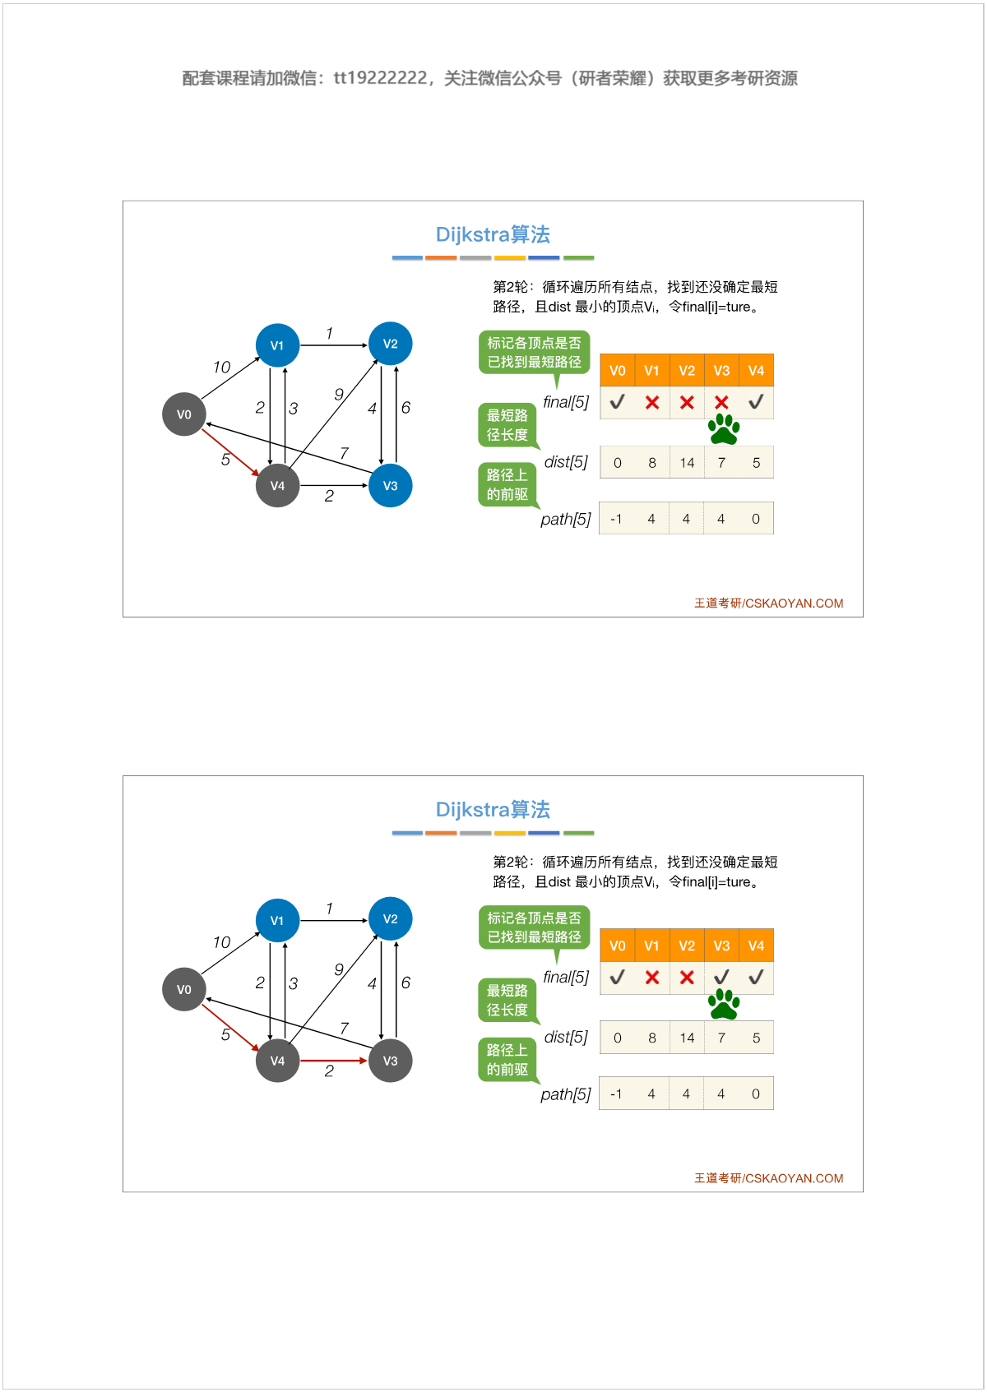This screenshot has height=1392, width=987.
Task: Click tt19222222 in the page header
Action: pyautogui.click(x=381, y=78)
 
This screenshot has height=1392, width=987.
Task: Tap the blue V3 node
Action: pyautogui.click(x=390, y=486)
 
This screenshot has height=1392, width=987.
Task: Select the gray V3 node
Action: pyautogui.click(x=390, y=1061)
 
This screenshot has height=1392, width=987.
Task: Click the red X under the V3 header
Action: pyautogui.click(x=721, y=403)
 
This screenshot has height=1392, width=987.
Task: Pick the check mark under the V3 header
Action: pyautogui.click(x=721, y=978)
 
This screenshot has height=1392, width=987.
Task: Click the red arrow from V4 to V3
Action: pyautogui.click(x=333, y=1061)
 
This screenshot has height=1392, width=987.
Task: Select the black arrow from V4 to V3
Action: pyautogui.click(x=333, y=486)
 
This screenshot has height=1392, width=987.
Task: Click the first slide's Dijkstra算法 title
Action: pyautogui.click(x=493, y=235)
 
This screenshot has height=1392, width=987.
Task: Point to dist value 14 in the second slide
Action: pyautogui.click(x=687, y=1038)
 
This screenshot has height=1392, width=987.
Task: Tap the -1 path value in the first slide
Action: pyautogui.click(x=616, y=519)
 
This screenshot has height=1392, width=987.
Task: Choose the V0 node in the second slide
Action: pyautogui.click(x=184, y=989)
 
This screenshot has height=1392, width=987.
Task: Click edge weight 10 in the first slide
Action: pyautogui.click(x=221, y=368)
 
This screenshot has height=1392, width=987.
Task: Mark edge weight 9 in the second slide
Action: pyautogui.click(x=339, y=970)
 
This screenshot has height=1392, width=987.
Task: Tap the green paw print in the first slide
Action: pyautogui.click(x=724, y=429)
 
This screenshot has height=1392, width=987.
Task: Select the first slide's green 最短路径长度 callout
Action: pyautogui.click(x=507, y=425)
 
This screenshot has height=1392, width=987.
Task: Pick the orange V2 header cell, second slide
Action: pyautogui.click(x=687, y=946)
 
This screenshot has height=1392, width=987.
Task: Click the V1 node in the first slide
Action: pyautogui.click(x=278, y=345)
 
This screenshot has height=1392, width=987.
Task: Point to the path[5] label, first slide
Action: pyautogui.click(x=565, y=520)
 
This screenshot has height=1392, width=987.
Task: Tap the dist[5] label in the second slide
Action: pyautogui.click(x=566, y=1038)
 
